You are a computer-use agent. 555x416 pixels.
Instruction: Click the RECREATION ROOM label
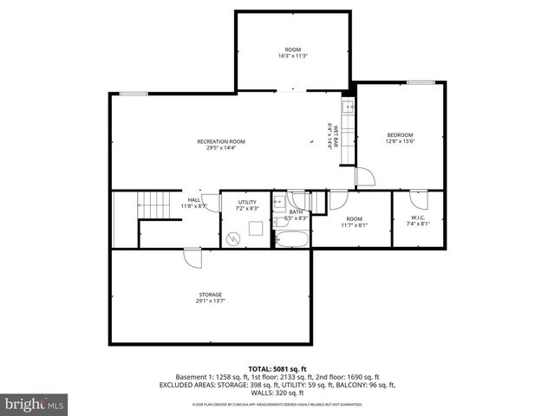(221, 141)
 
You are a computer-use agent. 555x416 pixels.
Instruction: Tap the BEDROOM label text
(400, 134)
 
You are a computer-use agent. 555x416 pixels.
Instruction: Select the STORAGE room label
(209, 295)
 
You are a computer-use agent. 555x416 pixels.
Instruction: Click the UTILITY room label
(247, 202)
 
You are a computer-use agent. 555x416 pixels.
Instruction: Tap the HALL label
(194, 200)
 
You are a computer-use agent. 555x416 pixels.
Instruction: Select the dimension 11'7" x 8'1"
(354, 225)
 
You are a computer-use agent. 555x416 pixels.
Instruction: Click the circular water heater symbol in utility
(232, 237)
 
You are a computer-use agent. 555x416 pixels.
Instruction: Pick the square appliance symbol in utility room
(256, 230)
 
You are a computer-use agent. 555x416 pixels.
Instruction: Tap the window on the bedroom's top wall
(421, 83)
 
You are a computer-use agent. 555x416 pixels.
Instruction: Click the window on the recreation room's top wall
(133, 94)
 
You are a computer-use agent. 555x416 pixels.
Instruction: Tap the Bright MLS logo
(35, 404)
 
